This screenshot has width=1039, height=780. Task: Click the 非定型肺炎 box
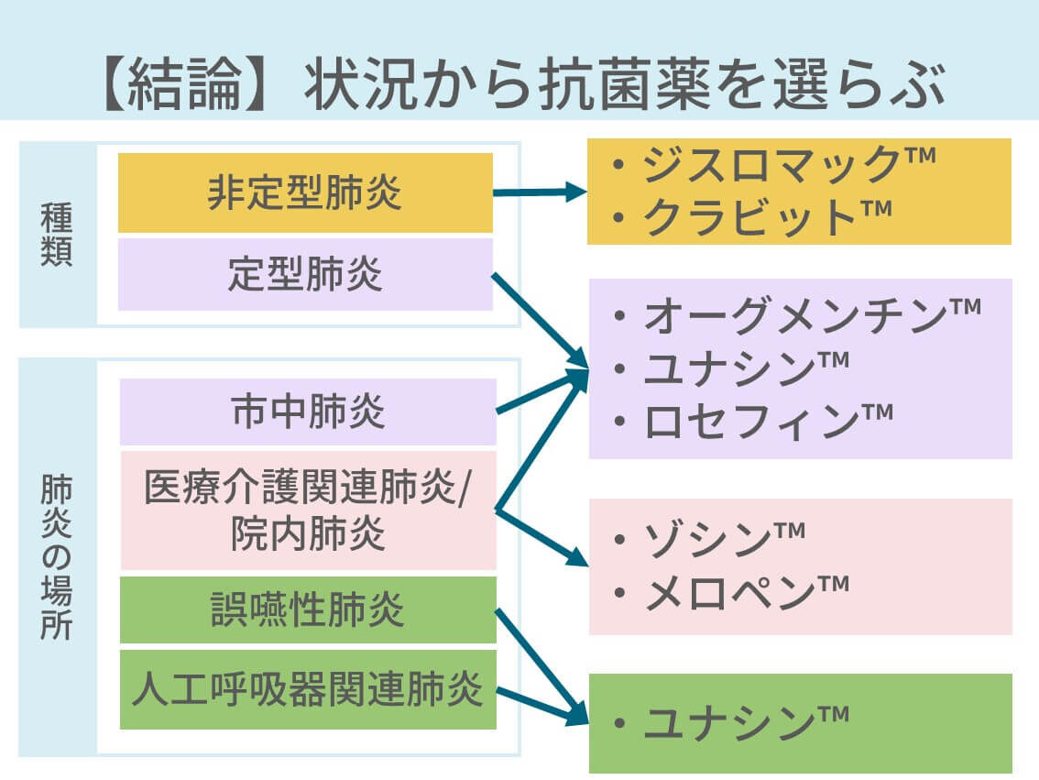coord(305,192)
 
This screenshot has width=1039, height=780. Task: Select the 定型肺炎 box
coord(305,274)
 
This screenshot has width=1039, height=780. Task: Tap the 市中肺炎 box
coord(308,412)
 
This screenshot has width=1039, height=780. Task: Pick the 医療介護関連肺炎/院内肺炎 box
coord(308,511)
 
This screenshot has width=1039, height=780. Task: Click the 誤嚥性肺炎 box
coord(308,610)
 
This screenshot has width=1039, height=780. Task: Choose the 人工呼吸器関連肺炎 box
coord(308,689)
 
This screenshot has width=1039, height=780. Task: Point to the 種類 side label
coord(57,235)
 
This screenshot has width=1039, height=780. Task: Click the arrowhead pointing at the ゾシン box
coord(579,555)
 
